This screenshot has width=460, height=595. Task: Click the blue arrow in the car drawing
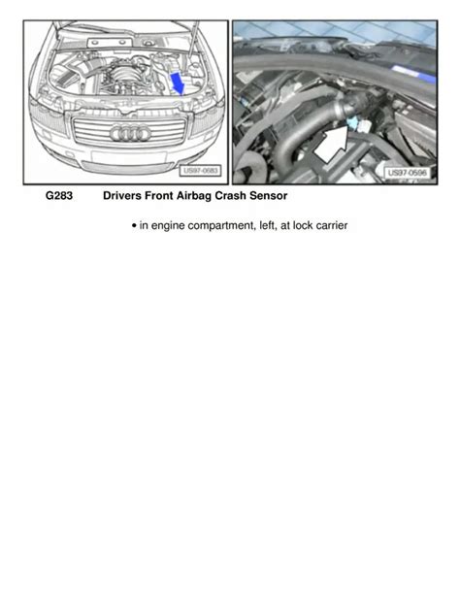coord(178,83)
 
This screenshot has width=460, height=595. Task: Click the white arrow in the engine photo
coord(332,145)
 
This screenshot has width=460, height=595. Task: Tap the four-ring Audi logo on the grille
coord(130,134)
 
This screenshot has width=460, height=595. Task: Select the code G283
coord(59,196)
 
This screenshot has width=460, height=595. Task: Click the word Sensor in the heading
coord(268,196)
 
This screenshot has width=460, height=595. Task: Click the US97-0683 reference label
coord(200,171)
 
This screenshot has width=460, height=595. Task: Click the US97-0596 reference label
coord(407,173)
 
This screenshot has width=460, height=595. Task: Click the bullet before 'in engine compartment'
coord(134,226)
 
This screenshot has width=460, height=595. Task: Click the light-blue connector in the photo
coord(352,122)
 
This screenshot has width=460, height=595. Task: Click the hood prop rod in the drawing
coord(193,39)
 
